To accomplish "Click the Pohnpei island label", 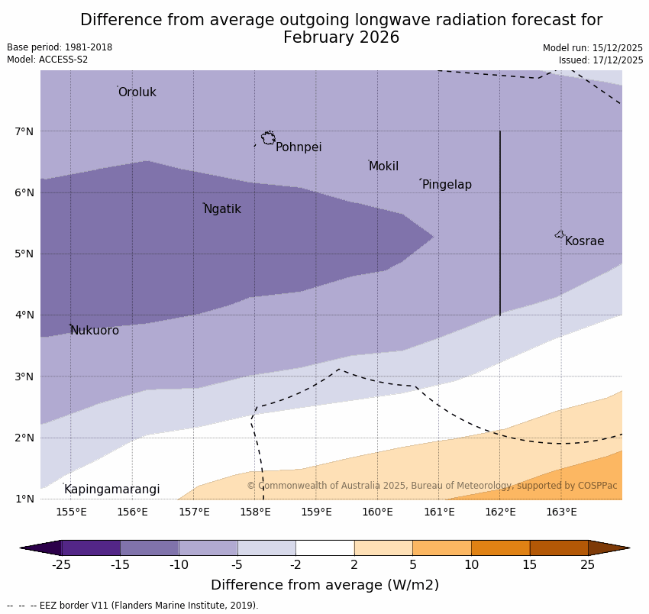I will (x=299, y=147).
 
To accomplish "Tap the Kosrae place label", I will (x=584, y=241).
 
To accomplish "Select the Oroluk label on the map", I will (x=137, y=92).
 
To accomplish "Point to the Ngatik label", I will (x=222, y=209).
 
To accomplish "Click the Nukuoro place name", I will (x=95, y=331).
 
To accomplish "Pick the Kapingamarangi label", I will (x=112, y=490).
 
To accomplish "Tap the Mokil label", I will (x=383, y=166).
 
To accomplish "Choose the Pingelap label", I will (x=447, y=185).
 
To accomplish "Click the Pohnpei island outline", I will (x=268, y=138).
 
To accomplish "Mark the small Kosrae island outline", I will (x=560, y=234).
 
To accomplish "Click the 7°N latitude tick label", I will (x=24, y=131).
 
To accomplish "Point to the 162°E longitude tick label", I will (x=500, y=512).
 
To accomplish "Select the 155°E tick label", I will (x=71, y=512).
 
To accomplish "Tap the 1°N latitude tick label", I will (x=24, y=499).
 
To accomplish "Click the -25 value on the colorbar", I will (x=61, y=565).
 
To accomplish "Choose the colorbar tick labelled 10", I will (x=471, y=565).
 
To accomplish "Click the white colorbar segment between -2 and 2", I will (x=325, y=548).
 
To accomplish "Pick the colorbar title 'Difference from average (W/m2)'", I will (x=324, y=586).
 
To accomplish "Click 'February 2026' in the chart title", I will (x=341, y=37).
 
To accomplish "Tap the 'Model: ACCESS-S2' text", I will (x=47, y=60).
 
